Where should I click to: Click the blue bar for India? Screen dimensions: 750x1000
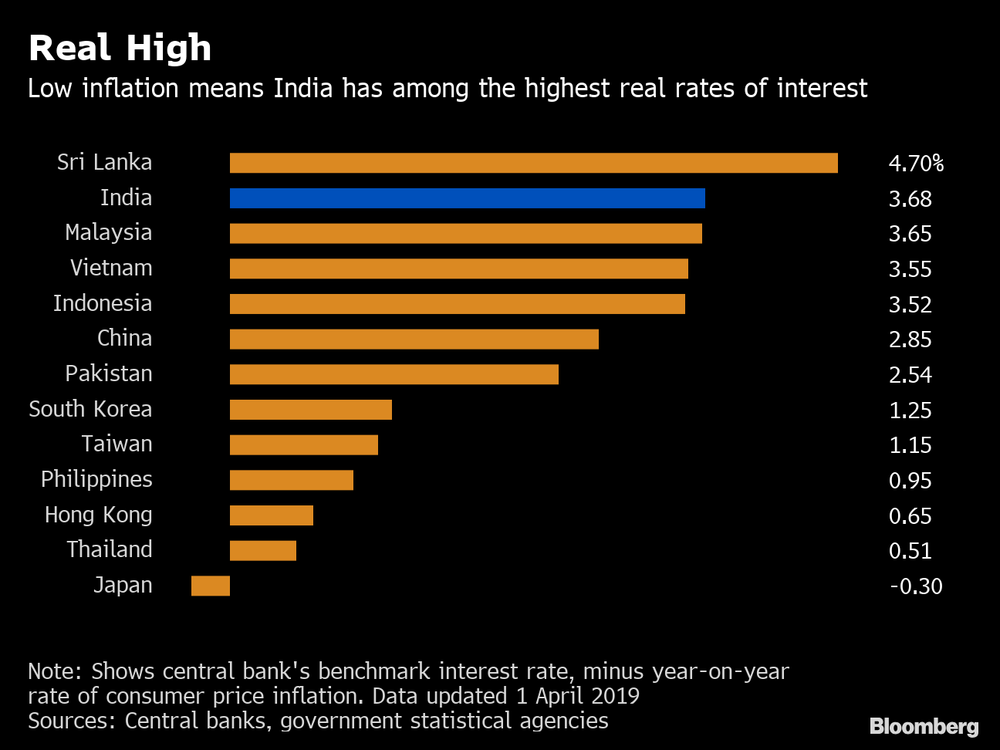click(x=467, y=198)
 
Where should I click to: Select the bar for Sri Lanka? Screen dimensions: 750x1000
click(x=533, y=163)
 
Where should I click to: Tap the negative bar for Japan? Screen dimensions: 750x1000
click(x=211, y=586)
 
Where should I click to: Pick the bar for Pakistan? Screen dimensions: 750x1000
click(x=394, y=374)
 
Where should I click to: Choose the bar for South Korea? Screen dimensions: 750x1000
click(x=310, y=410)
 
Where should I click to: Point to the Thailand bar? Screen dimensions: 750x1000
click(x=262, y=550)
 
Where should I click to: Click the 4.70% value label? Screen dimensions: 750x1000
click(x=916, y=164)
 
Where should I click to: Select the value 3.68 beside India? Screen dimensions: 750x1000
click(x=910, y=199)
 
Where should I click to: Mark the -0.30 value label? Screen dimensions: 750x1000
click(x=916, y=586)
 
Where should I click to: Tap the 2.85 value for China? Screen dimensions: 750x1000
click(x=910, y=340)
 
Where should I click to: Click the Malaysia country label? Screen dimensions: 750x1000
click(x=108, y=233)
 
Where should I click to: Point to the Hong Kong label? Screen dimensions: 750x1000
click(x=98, y=515)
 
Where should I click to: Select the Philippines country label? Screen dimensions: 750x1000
click(x=96, y=479)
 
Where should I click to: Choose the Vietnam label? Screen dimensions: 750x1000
click(x=111, y=268)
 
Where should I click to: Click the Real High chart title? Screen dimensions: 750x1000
click(x=120, y=48)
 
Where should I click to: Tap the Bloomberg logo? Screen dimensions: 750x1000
click(x=924, y=726)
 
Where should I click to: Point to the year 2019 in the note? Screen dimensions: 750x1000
click(x=614, y=696)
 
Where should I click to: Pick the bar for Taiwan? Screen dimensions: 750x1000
click(x=303, y=445)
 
